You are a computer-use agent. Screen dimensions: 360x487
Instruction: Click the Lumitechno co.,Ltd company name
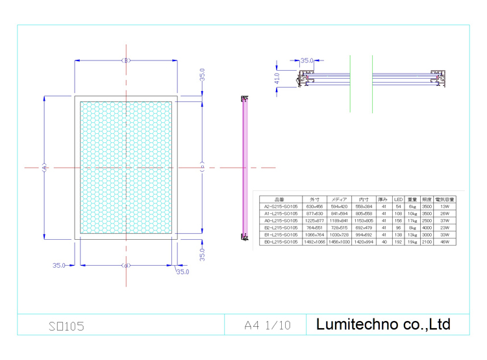coord(382,324)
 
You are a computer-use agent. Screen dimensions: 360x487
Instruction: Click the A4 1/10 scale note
coord(268,325)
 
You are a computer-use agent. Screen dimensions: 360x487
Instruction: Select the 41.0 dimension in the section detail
coord(277,77)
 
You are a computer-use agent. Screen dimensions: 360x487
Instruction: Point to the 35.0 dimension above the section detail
coord(306,60)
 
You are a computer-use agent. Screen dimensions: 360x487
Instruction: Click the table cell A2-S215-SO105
coord(281,206)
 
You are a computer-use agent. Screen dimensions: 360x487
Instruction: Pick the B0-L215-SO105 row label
coord(281,242)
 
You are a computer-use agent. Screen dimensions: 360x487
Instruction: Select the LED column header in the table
coord(398,199)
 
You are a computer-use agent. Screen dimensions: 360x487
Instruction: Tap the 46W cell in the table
coord(445,242)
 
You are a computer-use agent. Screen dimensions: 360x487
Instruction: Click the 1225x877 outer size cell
coord(314,220)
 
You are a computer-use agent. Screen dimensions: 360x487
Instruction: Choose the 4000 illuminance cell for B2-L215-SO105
coord(427,227)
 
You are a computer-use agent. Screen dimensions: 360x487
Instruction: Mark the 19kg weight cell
coord(412,242)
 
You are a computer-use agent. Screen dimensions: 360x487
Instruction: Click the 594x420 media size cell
coord(339,206)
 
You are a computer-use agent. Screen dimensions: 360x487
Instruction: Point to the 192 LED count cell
coord(398,242)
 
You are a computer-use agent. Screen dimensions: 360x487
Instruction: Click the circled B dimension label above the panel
coord(126,60)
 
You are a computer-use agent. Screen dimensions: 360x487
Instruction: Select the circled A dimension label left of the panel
coord(44,167)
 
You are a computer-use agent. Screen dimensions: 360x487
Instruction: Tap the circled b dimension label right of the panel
coord(203,167)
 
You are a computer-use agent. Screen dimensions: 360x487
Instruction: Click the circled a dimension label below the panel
coord(126,265)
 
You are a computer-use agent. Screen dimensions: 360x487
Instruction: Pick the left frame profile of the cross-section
coord(303,79)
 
